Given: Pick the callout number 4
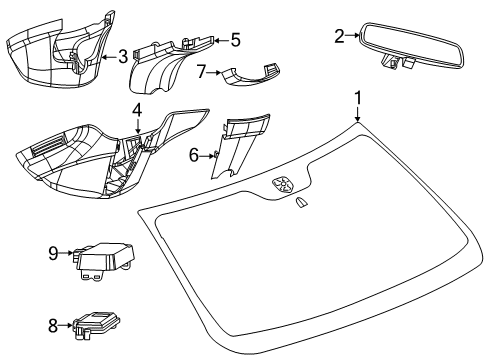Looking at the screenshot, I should pos(137,108).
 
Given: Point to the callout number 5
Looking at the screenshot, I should pos(235,40).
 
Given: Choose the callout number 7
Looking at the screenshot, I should pos(200,72).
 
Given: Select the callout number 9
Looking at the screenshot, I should pos(54,255).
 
